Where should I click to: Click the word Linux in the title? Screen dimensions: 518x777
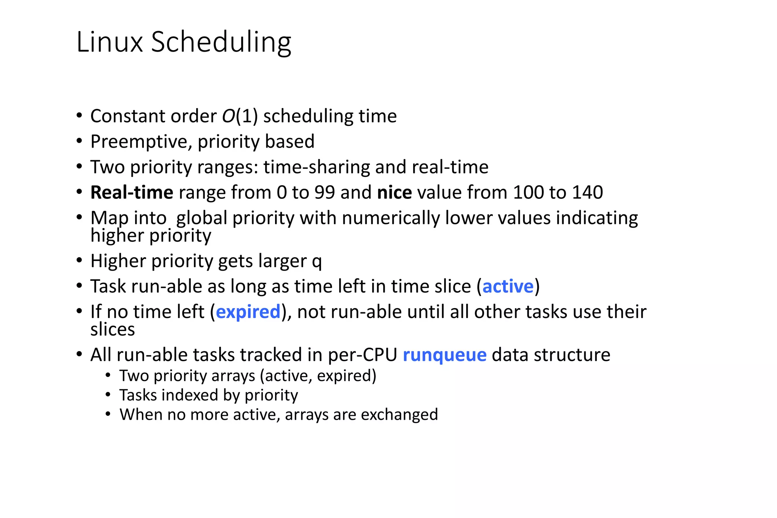tap(109, 42)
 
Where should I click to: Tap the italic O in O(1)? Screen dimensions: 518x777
tap(229, 116)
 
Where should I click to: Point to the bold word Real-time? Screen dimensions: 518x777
tap(132, 192)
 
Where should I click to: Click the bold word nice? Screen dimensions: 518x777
tap(394, 192)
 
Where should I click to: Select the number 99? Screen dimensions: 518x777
tap(324, 192)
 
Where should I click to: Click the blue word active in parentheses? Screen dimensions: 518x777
tap(508, 287)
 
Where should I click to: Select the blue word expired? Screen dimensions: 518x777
tap(248, 312)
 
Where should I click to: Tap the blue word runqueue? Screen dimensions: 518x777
tap(444, 355)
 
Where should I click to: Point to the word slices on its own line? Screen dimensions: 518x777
tap(112, 329)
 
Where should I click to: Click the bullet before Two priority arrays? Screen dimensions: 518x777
tap(108, 376)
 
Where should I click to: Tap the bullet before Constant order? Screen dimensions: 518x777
tap(79, 115)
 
